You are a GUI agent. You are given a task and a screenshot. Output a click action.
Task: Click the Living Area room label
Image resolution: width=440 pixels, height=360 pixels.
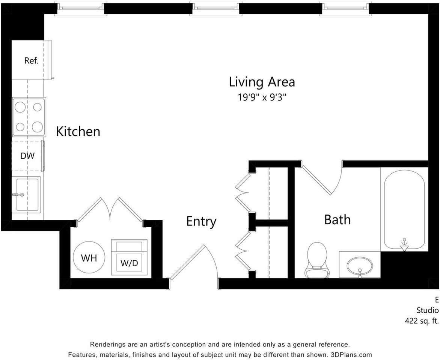click(262, 82)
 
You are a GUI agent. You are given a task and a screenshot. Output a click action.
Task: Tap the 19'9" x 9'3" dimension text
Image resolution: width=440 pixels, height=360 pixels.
click(262, 97)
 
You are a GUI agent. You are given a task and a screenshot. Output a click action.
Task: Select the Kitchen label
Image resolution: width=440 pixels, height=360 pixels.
click(78, 131)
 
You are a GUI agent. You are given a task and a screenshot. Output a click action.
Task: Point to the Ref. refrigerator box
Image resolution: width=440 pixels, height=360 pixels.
click(31, 60)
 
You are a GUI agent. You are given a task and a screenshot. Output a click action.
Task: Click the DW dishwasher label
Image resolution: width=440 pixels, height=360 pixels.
click(27, 156)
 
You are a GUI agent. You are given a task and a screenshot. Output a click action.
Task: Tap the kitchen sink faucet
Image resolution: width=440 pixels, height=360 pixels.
click(18, 194)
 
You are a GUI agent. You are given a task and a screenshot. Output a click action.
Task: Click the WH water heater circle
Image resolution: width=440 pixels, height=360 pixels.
click(89, 257)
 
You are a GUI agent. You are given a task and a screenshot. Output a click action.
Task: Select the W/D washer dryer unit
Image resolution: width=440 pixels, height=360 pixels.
click(130, 257)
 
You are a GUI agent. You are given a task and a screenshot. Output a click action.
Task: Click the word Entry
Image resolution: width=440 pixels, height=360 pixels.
click(201, 221)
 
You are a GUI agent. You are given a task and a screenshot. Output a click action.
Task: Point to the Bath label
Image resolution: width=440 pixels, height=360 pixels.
click(337, 219)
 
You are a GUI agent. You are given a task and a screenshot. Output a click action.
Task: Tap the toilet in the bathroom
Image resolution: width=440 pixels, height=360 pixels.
click(317, 260)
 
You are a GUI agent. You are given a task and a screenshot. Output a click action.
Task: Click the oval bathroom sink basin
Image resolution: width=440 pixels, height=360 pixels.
click(360, 266)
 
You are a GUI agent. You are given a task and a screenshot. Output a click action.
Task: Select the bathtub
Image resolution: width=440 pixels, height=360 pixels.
click(404, 209)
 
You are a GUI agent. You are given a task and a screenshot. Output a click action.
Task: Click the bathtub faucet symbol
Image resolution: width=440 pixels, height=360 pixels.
click(404, 244)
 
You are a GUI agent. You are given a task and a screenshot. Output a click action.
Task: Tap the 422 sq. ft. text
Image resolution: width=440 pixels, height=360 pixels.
click(422, 321)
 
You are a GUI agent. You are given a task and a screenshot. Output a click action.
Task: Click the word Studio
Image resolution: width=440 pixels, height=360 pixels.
click(427, 310)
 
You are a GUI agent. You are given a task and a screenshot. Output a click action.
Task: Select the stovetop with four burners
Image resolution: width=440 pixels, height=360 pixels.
click(29, 117)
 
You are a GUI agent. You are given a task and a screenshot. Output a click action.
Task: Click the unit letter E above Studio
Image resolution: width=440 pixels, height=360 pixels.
click(437, 300)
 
